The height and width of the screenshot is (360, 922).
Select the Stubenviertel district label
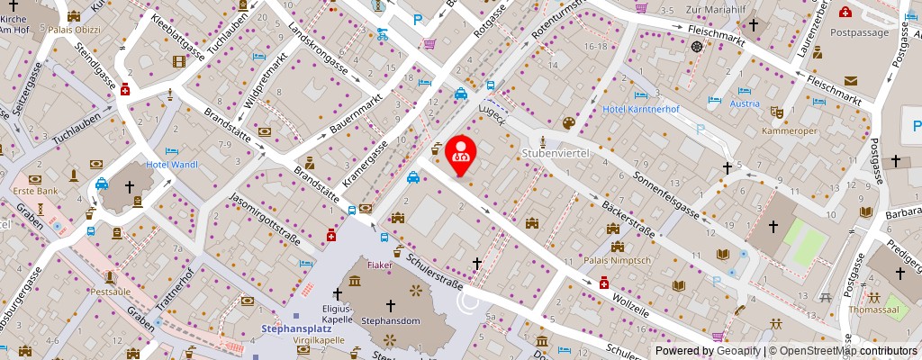pyautogui.click(x=556, y=154)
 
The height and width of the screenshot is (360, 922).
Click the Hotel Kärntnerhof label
pyautogui.click(x=640, y=109)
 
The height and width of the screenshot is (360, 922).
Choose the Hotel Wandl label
pyautogui.click(x=171, y=165)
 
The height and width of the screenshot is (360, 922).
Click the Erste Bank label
pyautogui.click(x=35, y=192)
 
